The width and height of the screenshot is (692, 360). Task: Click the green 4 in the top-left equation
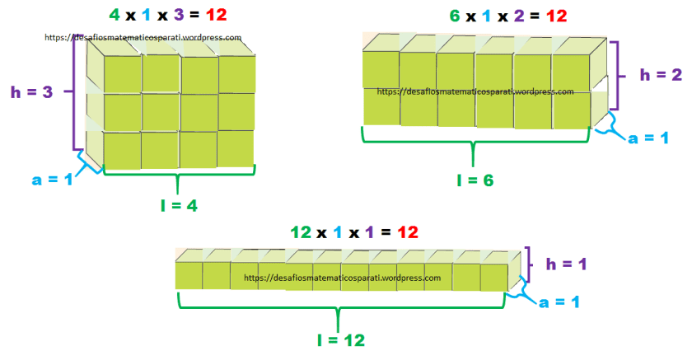coord(115,15)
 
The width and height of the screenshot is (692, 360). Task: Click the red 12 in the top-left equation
coord(216,15)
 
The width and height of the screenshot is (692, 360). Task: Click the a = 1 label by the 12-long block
coord(558,302)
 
